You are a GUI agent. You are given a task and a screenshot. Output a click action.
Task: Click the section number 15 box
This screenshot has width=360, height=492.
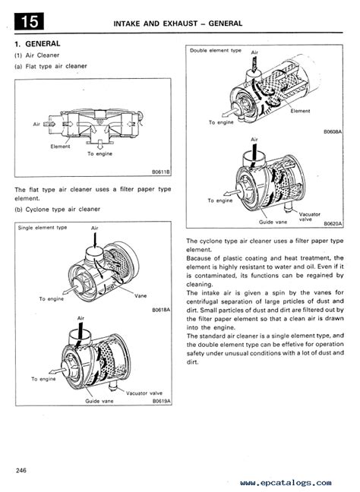click(29, 22)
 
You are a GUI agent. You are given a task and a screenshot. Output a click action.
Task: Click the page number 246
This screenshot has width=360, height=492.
click(21, 470)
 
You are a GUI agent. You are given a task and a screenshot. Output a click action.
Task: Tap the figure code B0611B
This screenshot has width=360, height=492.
click(161, 172)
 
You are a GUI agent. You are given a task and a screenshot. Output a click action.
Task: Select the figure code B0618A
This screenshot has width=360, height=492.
click(161, 310)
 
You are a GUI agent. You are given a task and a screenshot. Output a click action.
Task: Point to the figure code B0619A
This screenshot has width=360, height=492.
click(162, 401)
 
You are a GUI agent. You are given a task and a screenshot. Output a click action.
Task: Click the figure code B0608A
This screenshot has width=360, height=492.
click(333, 132)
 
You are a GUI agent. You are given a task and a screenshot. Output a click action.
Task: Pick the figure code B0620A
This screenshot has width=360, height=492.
click(333, 224)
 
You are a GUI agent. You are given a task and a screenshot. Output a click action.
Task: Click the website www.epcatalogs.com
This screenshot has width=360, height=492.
click(286, 483)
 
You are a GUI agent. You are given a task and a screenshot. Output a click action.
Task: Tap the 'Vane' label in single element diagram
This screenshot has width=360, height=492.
click(141, 295)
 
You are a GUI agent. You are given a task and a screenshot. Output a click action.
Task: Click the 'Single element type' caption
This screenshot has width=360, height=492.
click(43, 228)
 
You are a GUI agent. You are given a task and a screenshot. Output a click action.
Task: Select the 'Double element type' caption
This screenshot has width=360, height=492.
click(216, 50)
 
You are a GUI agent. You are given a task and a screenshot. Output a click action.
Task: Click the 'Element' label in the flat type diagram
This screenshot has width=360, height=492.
click(60, 147)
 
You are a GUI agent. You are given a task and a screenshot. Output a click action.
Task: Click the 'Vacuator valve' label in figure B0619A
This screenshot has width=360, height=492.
click(144, 393)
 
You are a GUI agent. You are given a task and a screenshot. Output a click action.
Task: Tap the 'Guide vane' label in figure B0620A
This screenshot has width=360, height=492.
click(273, 222)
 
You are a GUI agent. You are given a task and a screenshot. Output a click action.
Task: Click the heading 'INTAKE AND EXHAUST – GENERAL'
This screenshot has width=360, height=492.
click(178, 24)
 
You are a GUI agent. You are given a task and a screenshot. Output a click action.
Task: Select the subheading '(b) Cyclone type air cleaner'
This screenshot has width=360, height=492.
click(58, 210)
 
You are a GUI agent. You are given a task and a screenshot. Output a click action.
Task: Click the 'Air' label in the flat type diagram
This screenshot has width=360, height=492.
click(36, 125)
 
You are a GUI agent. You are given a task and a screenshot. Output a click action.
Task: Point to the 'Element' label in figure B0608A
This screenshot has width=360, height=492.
click(300, 111)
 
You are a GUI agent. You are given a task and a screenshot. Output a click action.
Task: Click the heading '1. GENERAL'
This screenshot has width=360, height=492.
click(37, 43)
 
